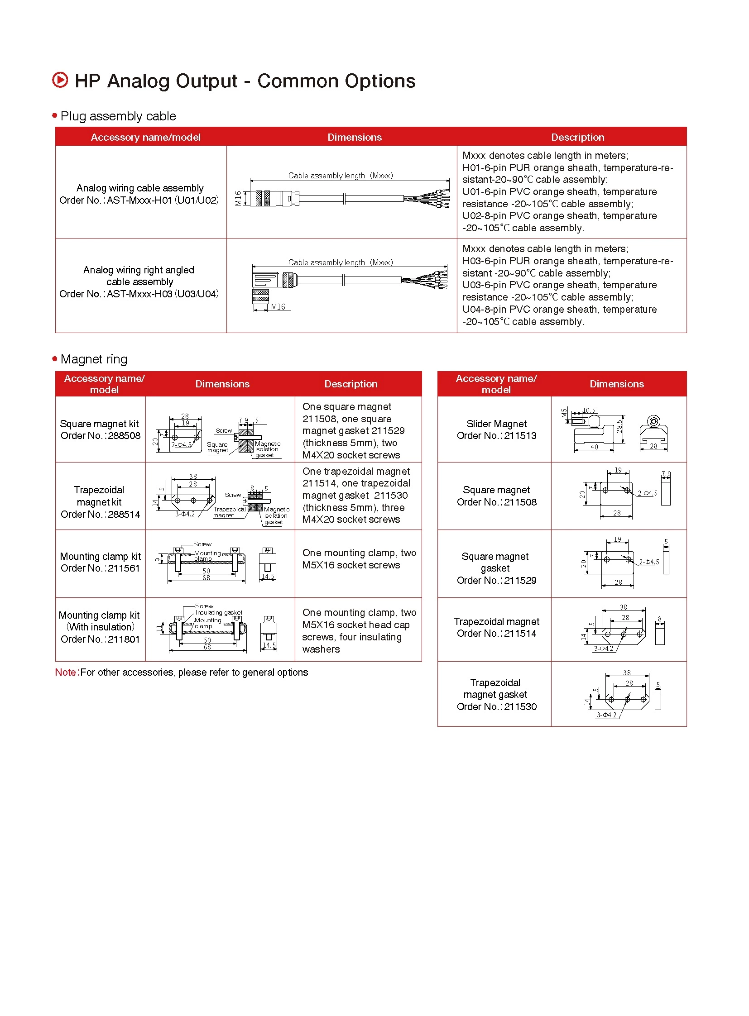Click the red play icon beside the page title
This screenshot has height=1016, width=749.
click(x=60, y=80)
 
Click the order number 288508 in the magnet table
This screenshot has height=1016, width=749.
click(x=101, y=435)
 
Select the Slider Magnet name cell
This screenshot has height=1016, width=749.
click(x=496, y=429)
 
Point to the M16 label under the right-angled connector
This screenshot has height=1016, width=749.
click(x=278, y=307)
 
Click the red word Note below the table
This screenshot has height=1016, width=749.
click(x=65, y=672)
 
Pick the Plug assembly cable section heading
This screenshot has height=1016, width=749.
click(x=118, y=116)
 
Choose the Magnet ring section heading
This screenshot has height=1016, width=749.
click(x=94, y=359)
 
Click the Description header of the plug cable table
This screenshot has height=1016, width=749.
click(x=577, y=137)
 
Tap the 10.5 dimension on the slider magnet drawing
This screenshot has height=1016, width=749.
click(x=589, y=410)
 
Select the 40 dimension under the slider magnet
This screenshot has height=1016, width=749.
click(x=594, y=447)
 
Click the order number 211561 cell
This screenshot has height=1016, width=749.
click(x=101, y=568)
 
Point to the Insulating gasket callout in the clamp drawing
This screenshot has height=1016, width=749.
click(x=219, y=612)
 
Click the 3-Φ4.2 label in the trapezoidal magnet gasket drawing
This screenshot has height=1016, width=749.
click(x=606, y=715)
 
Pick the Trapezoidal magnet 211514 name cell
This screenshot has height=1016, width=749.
click(x=496, y=627)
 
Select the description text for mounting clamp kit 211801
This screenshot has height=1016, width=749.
click(x=358, y=630)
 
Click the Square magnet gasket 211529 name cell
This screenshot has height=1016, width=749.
click(x=496, y=568)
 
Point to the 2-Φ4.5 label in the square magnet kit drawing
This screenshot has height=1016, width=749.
click(x=181, y=445)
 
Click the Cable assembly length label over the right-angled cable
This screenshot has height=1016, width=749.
click(x=340, y=262)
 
